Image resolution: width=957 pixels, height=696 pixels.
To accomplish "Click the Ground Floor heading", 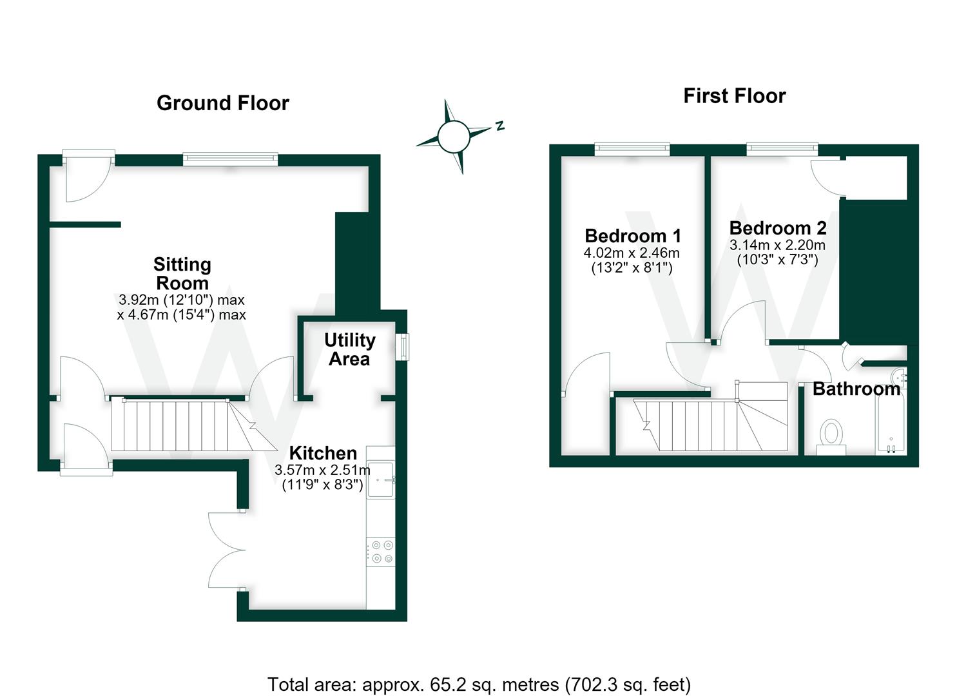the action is (222, 103).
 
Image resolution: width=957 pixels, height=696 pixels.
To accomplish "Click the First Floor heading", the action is (735, 96).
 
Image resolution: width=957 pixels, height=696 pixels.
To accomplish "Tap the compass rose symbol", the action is (454, 136).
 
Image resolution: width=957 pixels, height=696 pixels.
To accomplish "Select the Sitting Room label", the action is (182, 273).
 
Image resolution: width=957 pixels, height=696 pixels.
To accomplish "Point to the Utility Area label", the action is (349, 349).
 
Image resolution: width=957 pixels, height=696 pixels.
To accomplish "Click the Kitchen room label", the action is (323, 453).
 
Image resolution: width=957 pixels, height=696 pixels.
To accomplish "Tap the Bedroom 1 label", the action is (632, 236).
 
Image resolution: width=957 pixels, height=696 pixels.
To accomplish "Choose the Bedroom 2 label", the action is (778, 228).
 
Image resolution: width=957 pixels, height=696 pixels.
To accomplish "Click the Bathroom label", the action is (856, 389).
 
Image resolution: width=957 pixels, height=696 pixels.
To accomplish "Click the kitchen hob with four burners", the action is (381, 552).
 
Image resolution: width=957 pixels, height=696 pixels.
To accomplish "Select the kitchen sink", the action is (381, 479).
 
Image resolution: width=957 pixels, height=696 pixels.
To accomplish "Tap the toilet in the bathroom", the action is (831, 437).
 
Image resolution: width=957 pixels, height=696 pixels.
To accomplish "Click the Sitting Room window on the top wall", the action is (230, 159).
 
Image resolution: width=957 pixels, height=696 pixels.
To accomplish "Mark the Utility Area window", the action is (402, 347).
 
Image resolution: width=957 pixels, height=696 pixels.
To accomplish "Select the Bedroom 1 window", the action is (632, 149).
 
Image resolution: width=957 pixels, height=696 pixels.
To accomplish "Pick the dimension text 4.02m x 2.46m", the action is (632, 253).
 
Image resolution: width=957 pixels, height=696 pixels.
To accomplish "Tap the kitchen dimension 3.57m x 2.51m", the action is (322, 470).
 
